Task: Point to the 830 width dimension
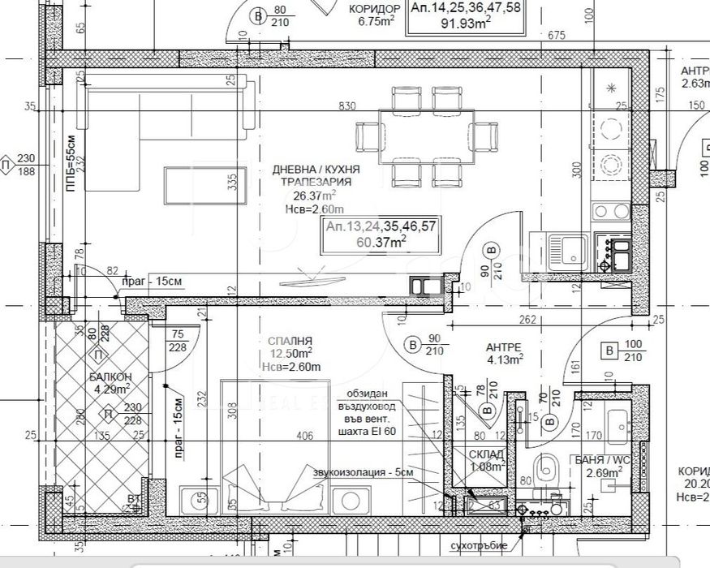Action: pyautogui.click(x=346, y=105)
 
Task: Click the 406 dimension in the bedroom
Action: pyautogui.click(x=305, y=436)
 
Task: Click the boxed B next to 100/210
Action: pyautogui.click(x=607, y=351)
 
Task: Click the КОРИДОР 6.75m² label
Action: pyautogui.click(x=374, y=15)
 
